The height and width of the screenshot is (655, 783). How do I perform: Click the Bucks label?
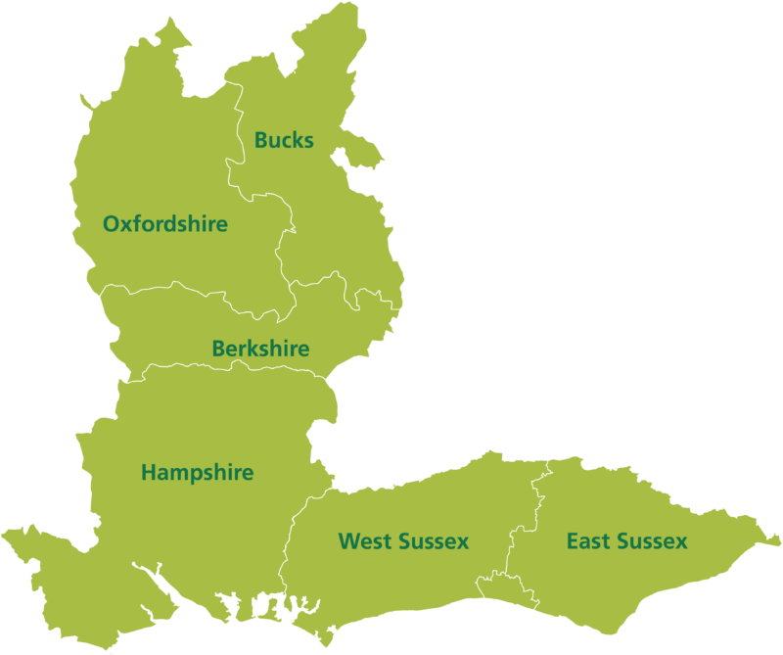[284, 140]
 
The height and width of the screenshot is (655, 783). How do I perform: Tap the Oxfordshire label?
[164, 224]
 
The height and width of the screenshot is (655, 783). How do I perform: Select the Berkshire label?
[260, 349]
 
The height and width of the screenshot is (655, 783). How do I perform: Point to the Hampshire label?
[197, 473]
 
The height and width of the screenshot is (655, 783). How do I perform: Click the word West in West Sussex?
[364, 541]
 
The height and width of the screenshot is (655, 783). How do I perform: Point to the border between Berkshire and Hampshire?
[225, 365]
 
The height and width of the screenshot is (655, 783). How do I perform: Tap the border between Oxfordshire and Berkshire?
[196, 289]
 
